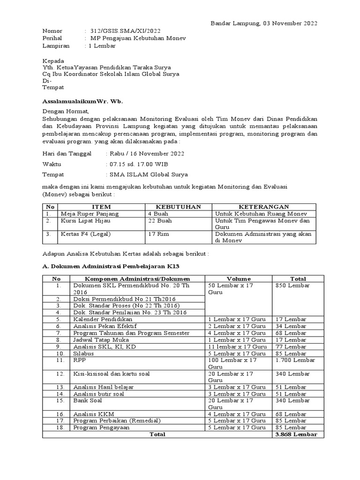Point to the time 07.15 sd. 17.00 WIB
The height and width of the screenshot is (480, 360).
pos(138,164)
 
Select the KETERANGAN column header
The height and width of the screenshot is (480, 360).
pos(264,207)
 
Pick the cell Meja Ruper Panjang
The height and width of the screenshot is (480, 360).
pos(90,214)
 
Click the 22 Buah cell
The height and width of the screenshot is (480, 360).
pos(158,221)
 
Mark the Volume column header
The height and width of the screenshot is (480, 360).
pos(239,278)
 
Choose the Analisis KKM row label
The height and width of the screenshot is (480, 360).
pos(93,414)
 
